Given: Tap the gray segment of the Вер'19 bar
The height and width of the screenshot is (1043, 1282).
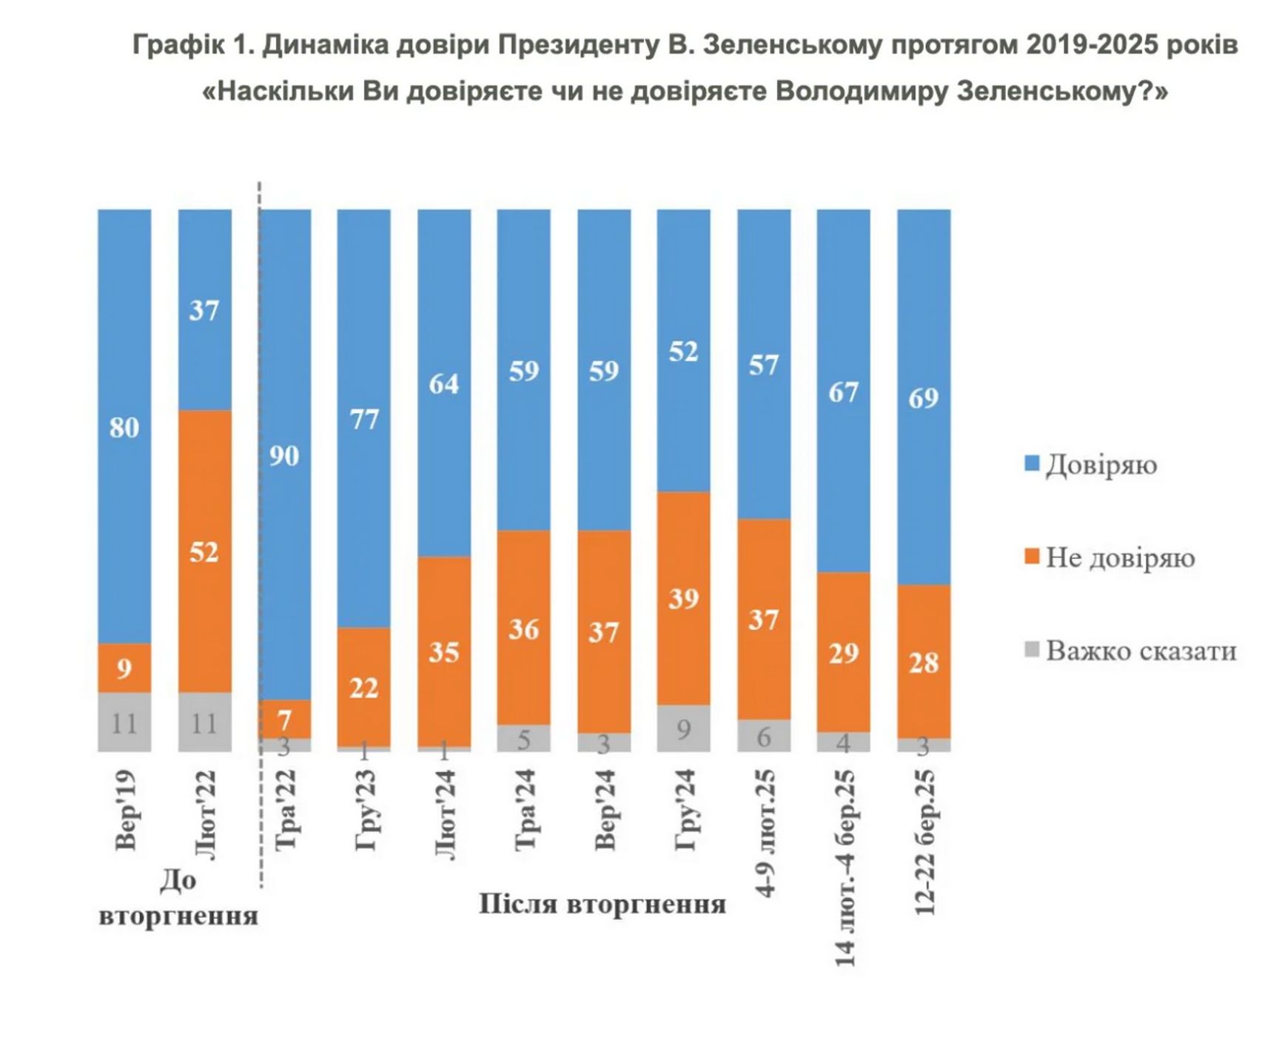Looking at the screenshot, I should [124, 722].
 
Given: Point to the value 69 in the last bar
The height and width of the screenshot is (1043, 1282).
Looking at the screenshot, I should [923, 398].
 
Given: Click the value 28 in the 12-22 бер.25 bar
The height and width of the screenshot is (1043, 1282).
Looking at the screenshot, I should [923, 663].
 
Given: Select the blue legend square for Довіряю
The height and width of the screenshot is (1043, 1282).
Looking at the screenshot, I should [1032, 464].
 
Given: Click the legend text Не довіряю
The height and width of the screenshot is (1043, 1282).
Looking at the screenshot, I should [1120, 558].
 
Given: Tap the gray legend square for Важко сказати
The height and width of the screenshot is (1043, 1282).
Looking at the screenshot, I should [1032, 651].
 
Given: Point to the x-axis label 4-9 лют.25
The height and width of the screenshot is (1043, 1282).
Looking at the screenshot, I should [765, 834].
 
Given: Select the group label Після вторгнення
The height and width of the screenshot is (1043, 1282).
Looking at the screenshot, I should [602, 904].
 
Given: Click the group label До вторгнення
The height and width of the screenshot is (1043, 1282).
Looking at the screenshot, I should [178, 898].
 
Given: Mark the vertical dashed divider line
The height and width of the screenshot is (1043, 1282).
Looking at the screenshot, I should [260, 533].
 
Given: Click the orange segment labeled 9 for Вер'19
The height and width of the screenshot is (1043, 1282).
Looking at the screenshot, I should [124, 668].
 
